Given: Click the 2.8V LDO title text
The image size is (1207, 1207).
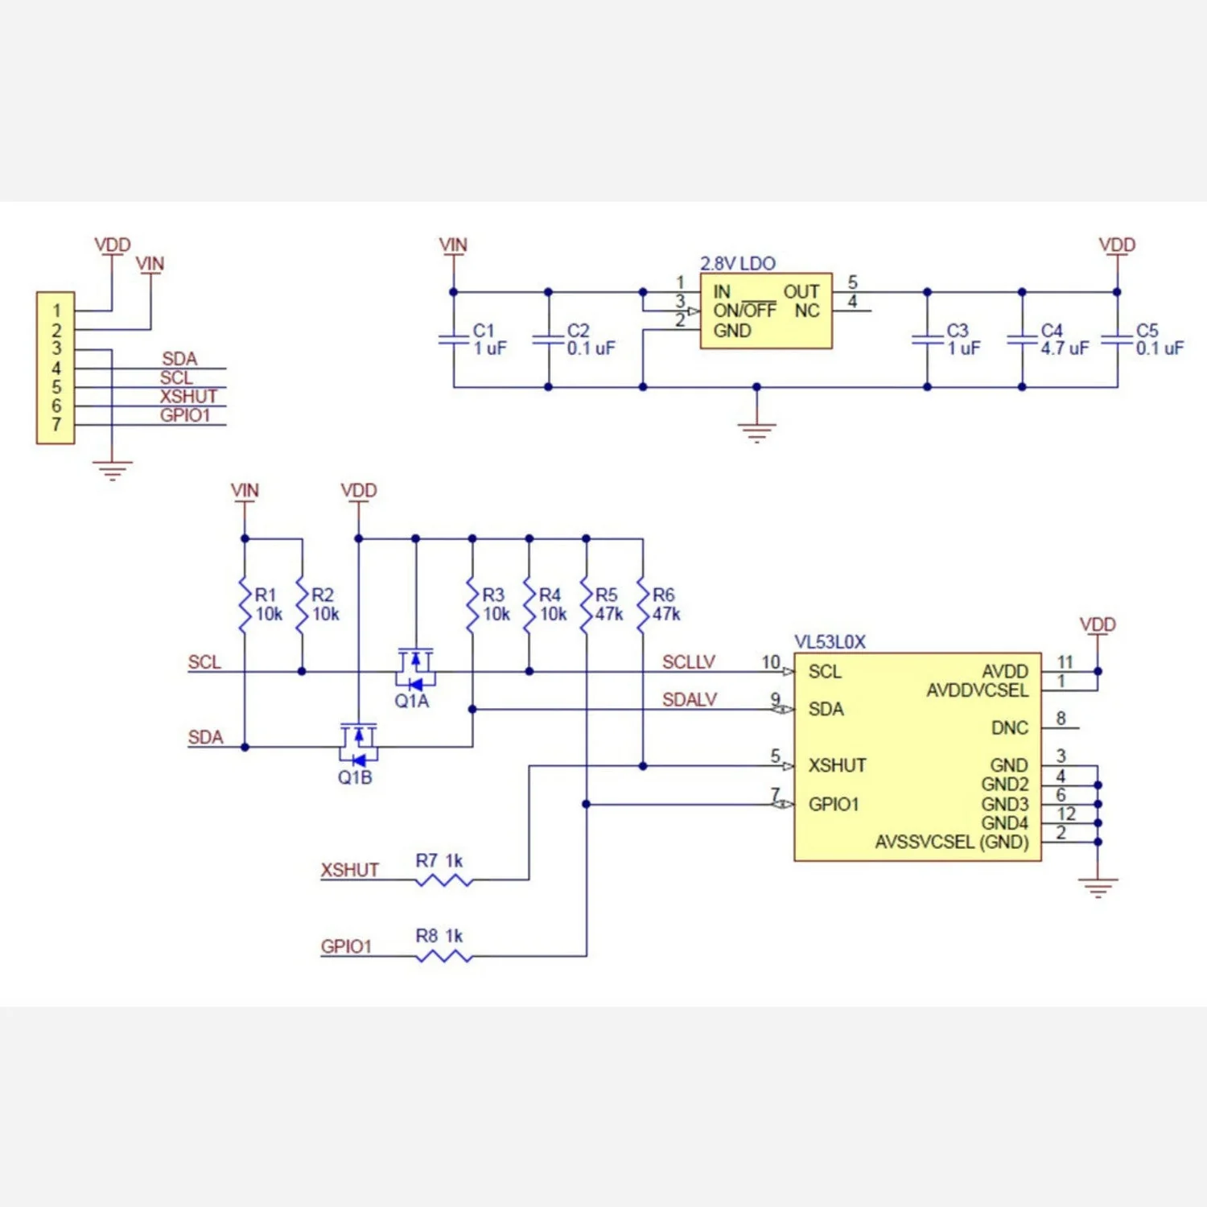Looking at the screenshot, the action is [x=737, y=263].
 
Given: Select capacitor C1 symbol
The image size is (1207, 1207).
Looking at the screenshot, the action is [x=453, y=339].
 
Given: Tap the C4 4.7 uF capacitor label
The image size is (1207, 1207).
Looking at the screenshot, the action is [x=1064, y=340].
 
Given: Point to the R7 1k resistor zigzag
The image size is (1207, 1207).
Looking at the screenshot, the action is [x=444, y=880].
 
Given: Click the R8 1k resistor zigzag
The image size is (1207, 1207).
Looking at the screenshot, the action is [x=444, y=956].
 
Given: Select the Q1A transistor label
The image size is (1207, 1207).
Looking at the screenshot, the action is [x=411, y=701].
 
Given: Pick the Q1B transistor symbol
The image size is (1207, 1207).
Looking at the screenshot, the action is [x=358, y=744].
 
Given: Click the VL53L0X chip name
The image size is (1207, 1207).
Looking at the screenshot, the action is [x=830, y=641].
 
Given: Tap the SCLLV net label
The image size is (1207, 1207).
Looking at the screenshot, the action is [x=688, y=661].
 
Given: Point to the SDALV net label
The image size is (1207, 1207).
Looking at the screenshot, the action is [x=689, y=699].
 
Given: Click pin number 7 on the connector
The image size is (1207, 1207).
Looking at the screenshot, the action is [x=56, y=424].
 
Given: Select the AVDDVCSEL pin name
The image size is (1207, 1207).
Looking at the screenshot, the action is [x=977, y=690].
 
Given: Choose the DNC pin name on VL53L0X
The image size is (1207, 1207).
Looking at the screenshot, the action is [x=1009, y=727].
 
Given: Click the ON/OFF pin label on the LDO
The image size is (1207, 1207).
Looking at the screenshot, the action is [x=744, y=311].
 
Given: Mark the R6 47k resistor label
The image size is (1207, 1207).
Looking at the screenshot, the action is [x=665, y=604].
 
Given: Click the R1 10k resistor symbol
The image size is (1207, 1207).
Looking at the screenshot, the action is [x=245, y=603].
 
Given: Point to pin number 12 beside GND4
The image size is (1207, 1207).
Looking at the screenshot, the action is [x=1066, y=814].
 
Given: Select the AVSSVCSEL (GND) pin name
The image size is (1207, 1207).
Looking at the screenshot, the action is [x=951, y=842].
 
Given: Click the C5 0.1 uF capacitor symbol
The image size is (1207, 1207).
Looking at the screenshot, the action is [x=1117, y=339].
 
